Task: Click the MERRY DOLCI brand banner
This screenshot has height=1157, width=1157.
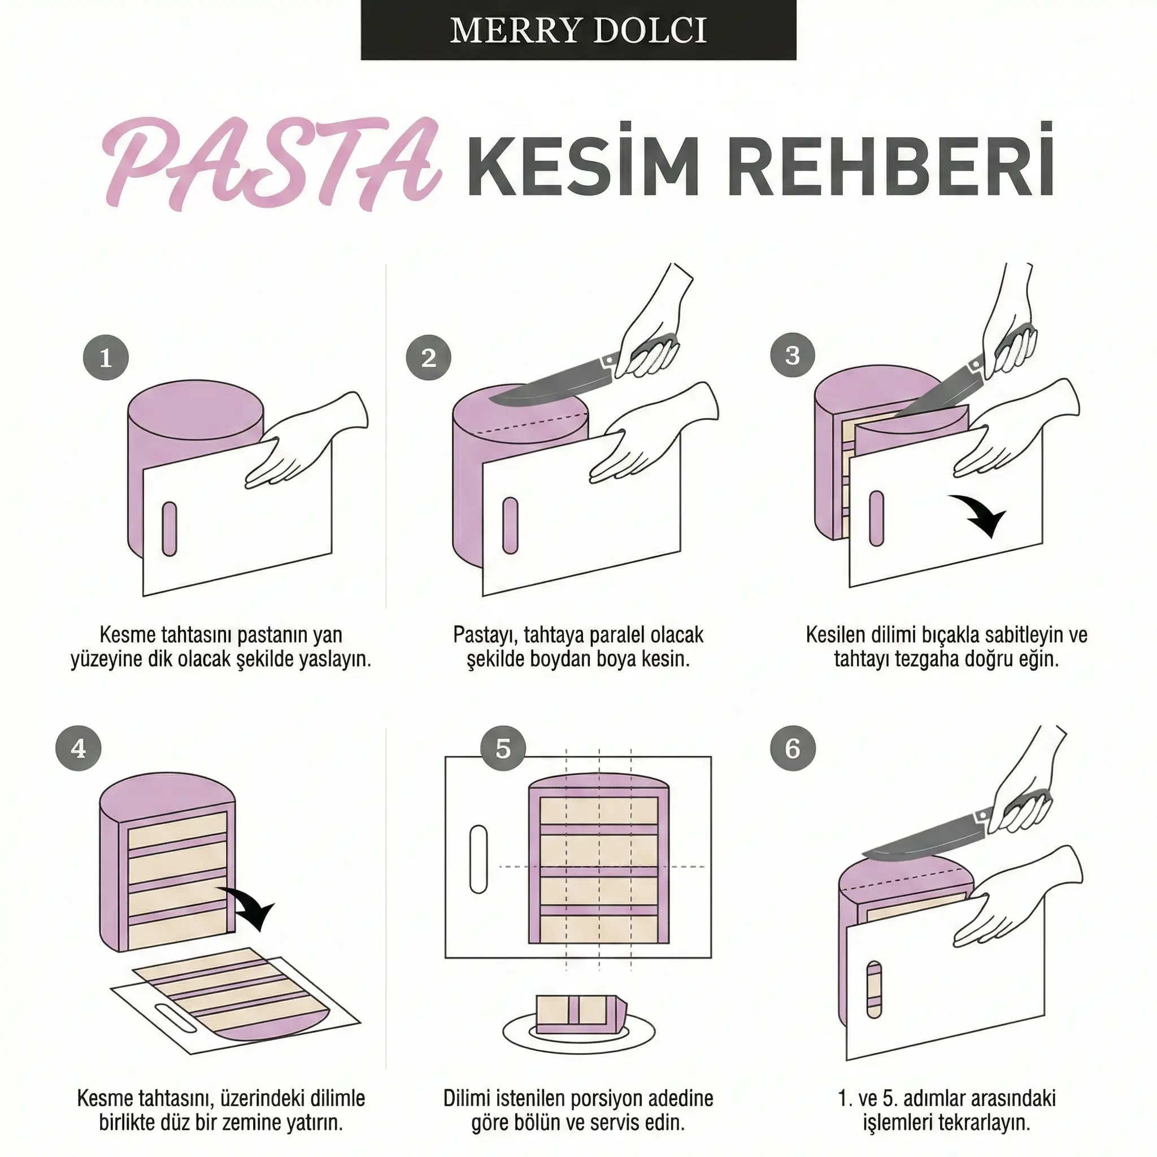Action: [x=578, y=30]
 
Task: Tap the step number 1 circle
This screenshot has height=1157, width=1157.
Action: [x=106, y=358]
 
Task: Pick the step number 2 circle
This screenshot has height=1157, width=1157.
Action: [x=428, y=358]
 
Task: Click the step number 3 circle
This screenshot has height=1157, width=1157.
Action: [x=792, y=355]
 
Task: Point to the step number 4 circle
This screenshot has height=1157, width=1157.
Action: [x=79, y=749]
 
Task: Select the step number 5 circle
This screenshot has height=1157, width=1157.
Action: [x=503, y=749]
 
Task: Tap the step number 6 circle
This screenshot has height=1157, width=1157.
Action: [x=792, y=749]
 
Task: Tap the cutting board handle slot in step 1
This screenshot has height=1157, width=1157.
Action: [x=169, y=529]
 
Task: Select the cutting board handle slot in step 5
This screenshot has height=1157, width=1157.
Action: [x=479, y=859]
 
